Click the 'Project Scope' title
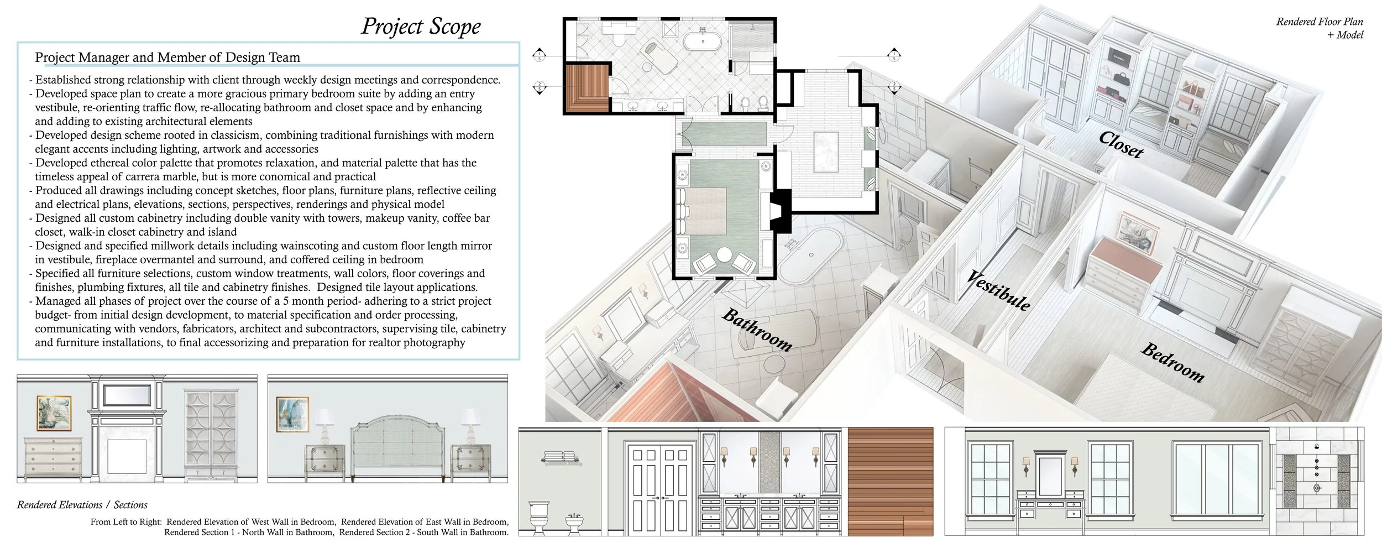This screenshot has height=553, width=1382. pos(421,27)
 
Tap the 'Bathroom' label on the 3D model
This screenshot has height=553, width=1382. pos(757,330)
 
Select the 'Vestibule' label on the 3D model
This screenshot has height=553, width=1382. pos(998,291)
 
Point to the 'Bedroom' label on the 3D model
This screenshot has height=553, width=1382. pos(1172,363)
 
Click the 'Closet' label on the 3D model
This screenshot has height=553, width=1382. pos(1121,145)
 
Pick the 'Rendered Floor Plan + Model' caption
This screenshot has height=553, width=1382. pos(1320,28)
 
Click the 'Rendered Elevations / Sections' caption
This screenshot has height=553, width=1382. pos(82,505)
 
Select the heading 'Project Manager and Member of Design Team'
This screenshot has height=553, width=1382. pos(167,58)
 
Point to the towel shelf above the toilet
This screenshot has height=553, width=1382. pos(561,457)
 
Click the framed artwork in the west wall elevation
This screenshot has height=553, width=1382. pos(54,413)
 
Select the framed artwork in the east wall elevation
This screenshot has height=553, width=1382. pos(292,414)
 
